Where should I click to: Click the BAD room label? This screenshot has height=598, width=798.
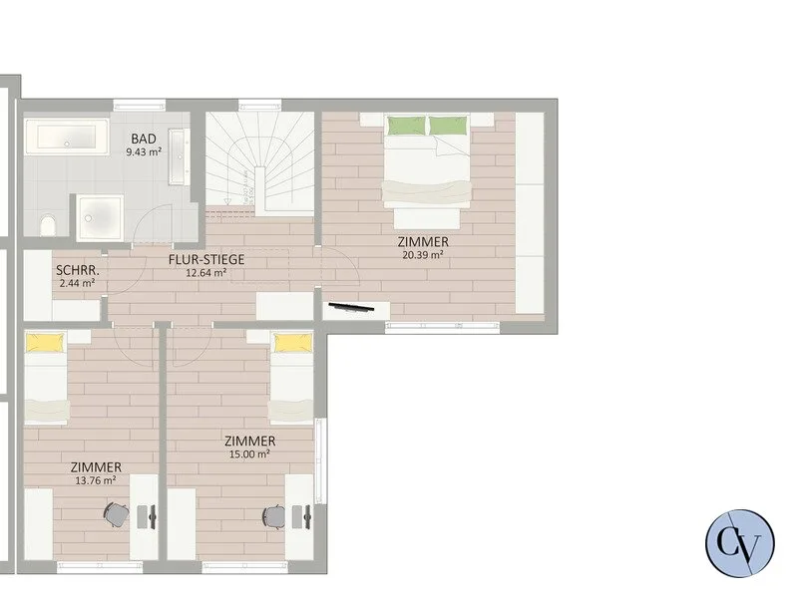point(144,139)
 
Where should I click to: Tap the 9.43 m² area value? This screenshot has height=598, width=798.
point(144,151)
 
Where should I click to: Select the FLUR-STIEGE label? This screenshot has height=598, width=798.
point(206,259)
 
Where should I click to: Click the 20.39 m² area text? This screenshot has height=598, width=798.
point(422,255)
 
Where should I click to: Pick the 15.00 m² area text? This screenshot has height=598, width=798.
point(249,454)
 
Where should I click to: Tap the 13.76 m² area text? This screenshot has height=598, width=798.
point(96,480)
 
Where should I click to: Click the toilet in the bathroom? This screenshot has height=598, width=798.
point(48,225)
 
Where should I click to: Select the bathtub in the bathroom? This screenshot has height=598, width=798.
point(67,137)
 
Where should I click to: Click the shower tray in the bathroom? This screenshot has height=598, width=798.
point(100,218)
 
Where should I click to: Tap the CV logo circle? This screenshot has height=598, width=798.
point(740,543)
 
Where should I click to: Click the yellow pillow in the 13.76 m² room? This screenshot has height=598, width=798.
point(46,343)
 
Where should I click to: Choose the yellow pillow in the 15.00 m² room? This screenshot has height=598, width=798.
point(293,343)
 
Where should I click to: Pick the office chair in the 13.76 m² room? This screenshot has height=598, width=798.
point(115,514)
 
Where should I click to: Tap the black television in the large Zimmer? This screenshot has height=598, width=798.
point(351,307)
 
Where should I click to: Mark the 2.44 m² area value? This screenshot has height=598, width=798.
point(78,283)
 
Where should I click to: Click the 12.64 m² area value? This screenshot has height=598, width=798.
point(206,272)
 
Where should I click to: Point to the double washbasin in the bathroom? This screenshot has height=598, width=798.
point(179,157)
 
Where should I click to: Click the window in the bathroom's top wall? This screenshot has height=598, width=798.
point(140,106)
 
